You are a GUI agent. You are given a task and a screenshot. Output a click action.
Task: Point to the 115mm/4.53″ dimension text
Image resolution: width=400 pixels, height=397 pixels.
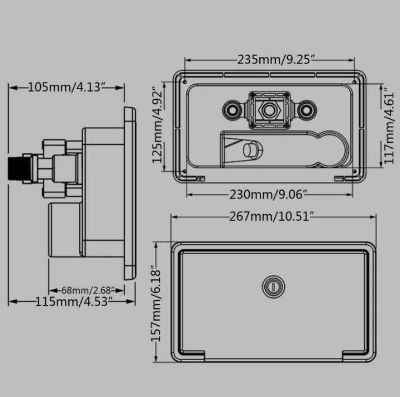click(74, 302)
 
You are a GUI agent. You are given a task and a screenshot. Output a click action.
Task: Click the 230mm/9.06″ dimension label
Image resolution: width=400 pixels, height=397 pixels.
click(267, 195)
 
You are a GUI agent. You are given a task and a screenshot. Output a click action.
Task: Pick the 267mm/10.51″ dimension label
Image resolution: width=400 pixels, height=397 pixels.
click(271, 217)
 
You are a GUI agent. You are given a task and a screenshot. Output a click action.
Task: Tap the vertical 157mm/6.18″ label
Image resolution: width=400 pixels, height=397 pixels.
click(156, 303)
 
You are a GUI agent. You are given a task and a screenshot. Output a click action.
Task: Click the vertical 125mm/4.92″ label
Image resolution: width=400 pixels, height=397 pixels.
click(157, 125)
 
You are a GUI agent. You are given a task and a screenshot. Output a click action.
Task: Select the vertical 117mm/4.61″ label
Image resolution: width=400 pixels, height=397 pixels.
click(389, 126)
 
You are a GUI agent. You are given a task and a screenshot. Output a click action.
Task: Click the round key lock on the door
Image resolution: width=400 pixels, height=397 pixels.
click(274, 287)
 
